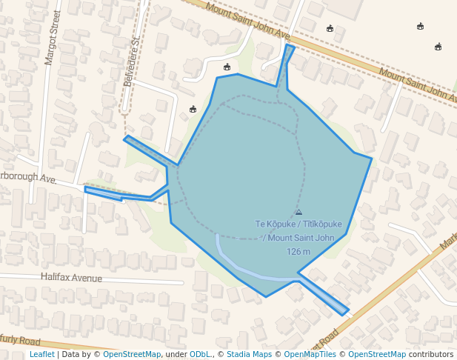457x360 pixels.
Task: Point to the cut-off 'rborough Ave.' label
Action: click(28, 179)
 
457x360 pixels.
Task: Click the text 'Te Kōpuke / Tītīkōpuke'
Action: click(298, 224)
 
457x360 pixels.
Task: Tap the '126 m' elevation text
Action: click(298, 251)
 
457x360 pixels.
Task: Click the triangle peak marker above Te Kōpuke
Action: click(298, 213)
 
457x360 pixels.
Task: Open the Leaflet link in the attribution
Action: click(41, 354)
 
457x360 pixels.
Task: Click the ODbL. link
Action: click(201, 354)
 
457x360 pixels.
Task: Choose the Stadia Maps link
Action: click(249, 354)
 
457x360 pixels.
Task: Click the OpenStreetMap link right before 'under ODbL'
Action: click(132, 354)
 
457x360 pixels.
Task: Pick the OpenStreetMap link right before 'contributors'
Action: click(377, 354)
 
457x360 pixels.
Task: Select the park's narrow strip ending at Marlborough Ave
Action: click(119, 195)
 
